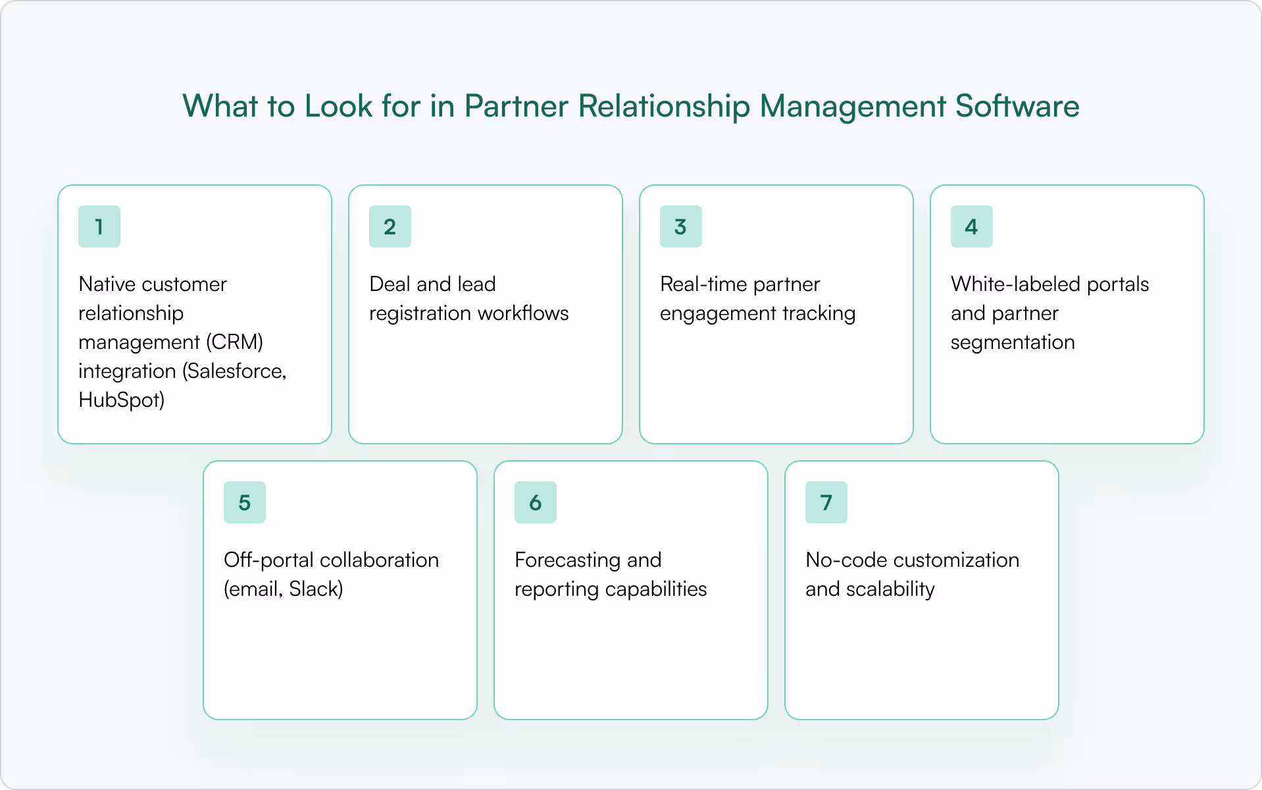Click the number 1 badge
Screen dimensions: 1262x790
[x=99, y=226]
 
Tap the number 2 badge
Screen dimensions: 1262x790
[x=390, y=226]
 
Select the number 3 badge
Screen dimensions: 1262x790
[x=681, y=226]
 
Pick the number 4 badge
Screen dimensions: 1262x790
[x=972, y=226]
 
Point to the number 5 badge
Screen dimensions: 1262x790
[x=245, y=502]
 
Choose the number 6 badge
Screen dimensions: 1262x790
[x=536, y=502]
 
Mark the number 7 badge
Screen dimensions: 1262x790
[x=826, y=502]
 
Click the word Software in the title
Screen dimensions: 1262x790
[x=1017, y=106]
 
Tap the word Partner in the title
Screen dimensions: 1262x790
[x=516, y=106]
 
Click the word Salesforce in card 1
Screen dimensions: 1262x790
[x=235, y=371]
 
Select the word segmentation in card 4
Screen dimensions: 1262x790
[x=1013, y=342]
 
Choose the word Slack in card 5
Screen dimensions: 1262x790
[x=315, y=589]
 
